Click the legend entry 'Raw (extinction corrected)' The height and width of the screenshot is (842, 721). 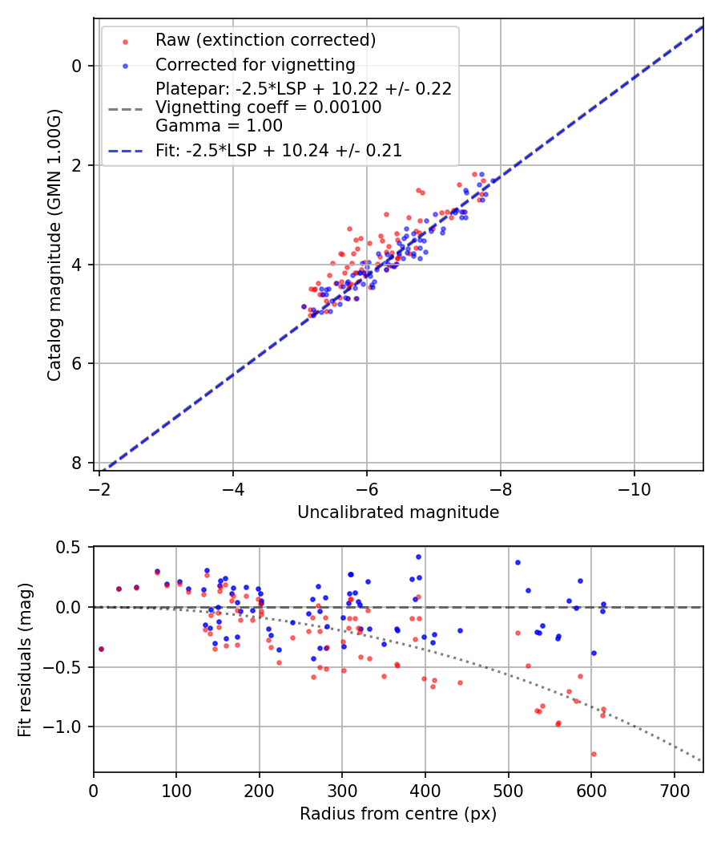coord(265,40)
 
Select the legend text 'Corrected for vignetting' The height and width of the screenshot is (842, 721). coord(255,64)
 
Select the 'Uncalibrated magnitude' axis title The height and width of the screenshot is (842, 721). coord(398,512)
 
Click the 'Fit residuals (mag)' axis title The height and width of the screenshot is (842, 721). coord(25,659)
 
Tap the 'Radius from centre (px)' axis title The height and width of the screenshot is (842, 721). coord(398,814)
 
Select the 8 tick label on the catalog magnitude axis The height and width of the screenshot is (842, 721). coord(77,463)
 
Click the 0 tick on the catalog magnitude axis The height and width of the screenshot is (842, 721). coord(77,66)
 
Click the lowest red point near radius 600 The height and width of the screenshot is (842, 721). coord(594,754)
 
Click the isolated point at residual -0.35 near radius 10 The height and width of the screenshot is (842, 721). coord(101,649)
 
